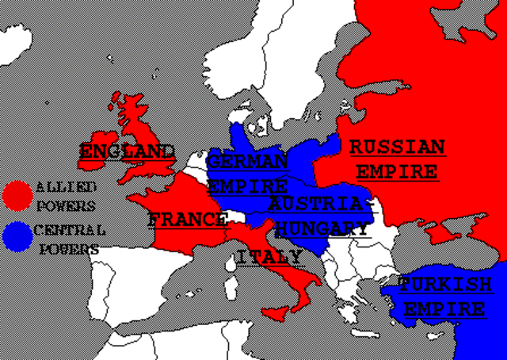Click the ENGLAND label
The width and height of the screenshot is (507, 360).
127,151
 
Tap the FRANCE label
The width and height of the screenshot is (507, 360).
187,220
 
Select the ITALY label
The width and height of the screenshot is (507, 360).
269,257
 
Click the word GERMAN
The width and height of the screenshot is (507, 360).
247,161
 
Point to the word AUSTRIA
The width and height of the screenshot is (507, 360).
318,204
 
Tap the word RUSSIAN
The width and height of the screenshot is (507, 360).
397,147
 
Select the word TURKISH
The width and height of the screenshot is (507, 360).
444,284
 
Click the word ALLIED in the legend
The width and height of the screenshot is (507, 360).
66,188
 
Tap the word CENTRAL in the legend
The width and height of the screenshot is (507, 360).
71,231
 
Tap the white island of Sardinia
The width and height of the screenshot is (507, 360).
231,284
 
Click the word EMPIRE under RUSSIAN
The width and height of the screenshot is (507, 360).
396,171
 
